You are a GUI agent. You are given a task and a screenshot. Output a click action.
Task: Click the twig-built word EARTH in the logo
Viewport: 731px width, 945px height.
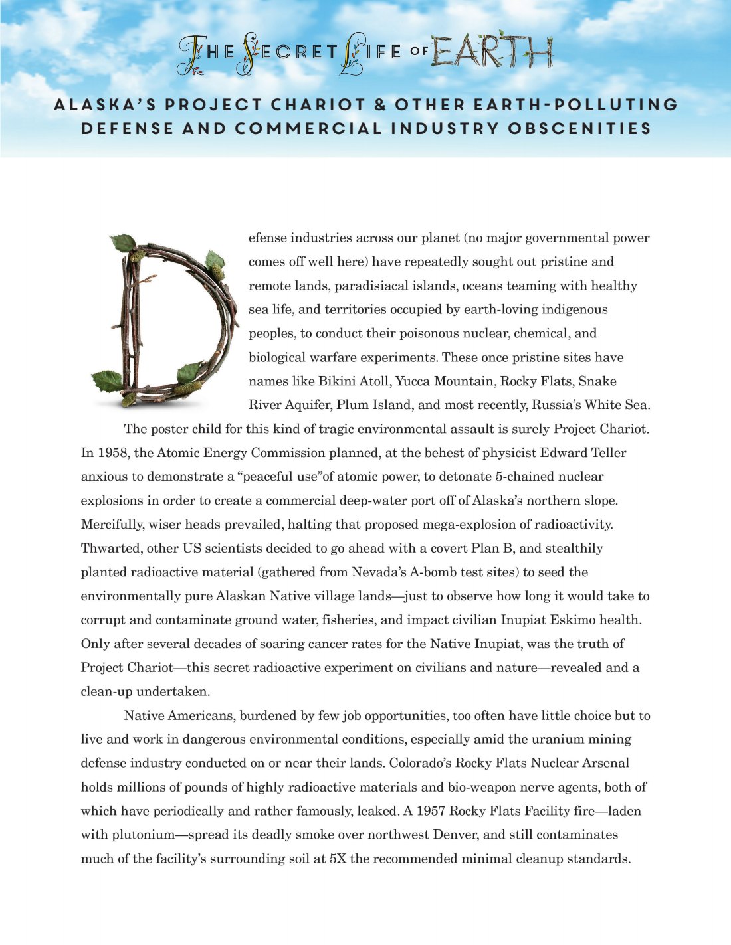[491, 51]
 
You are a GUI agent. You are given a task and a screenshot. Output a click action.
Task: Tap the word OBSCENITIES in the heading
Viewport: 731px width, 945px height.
[579, 128]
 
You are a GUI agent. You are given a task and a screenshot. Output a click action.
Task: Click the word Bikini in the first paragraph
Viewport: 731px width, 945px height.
[338, 381]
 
